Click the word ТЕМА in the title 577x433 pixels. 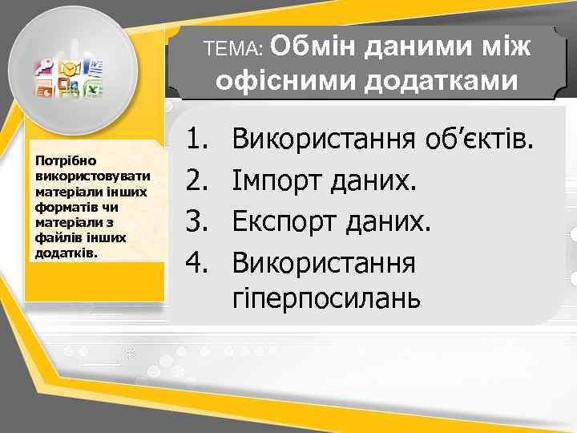tap(232, 49)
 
